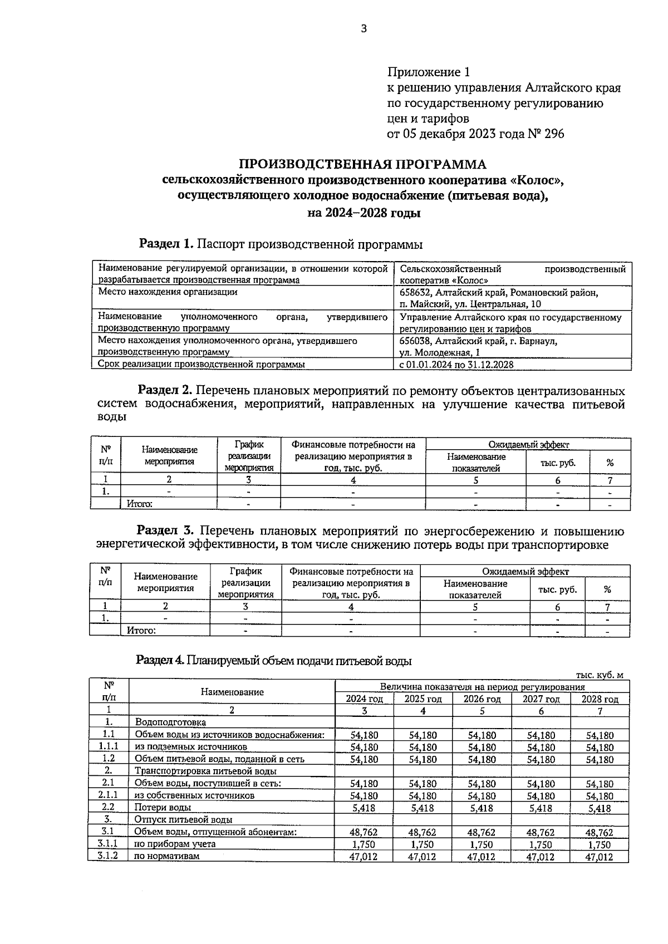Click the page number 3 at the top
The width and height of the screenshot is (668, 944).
(364, 29)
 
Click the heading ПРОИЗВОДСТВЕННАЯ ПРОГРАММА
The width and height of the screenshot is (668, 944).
(362, 165)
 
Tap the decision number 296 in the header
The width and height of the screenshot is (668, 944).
(554, 134)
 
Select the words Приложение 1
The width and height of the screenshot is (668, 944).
(429, 72)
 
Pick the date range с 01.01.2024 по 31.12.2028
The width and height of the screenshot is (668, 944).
(456, 365)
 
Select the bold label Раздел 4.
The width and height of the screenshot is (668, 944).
(160, 661)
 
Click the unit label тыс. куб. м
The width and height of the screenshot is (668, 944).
(600, 675)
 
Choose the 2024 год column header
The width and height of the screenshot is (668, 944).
(365, 699)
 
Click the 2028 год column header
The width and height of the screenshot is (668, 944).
(600, 699)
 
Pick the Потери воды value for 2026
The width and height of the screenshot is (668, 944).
(482, 808)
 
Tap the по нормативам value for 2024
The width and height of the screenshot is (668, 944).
(364, 857)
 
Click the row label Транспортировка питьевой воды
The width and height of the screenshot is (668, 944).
(205, 771)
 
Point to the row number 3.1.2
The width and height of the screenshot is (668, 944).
(108, 856)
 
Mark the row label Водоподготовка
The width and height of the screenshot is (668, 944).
(170, 722)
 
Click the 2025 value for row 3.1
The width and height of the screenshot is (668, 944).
(423, 833)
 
